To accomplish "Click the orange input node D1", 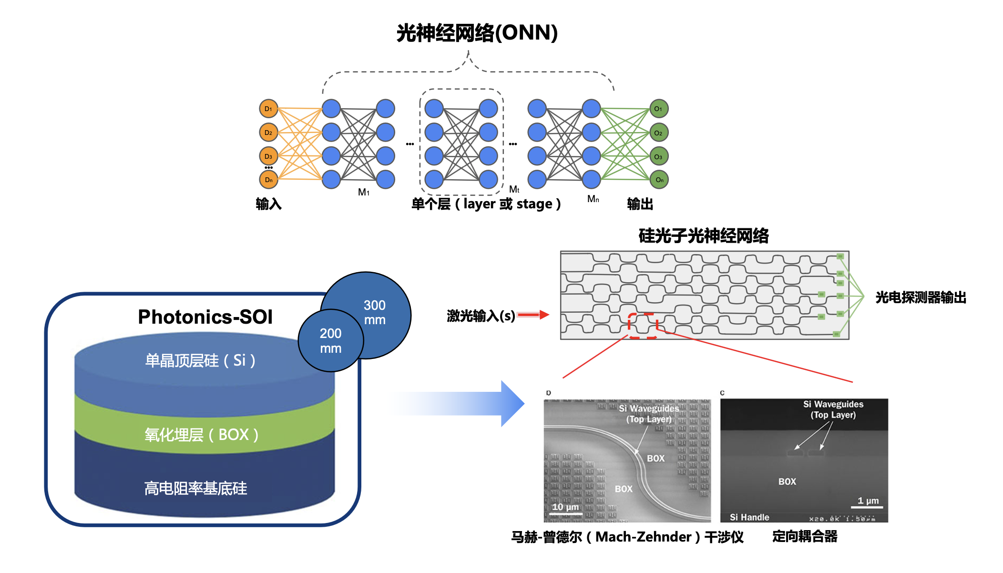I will (x=268, y=109).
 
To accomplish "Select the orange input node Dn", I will (x=268, y=180).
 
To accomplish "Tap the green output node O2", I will (x=659, y=133).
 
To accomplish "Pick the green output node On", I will (x=659, y=180).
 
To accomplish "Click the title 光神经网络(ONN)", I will (x=477, y=33).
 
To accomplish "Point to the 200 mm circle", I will (x=330, y=340).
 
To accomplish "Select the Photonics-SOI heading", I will (x=205, y=317).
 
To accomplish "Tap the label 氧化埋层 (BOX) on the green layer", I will (x=201, y=434).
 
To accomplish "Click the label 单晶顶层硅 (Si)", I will (x=200, y=360).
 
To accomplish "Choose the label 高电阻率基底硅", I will (x=195, y=488).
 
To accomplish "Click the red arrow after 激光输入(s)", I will (x=533, y=315).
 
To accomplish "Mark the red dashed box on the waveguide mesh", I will (x=643, y=326).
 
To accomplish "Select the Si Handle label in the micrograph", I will (x=749, y=517).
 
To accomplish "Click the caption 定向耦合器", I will (x=805, y=536).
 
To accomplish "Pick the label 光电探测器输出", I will (x=921, y=297).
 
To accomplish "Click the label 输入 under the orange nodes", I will (x=268, y=204).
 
